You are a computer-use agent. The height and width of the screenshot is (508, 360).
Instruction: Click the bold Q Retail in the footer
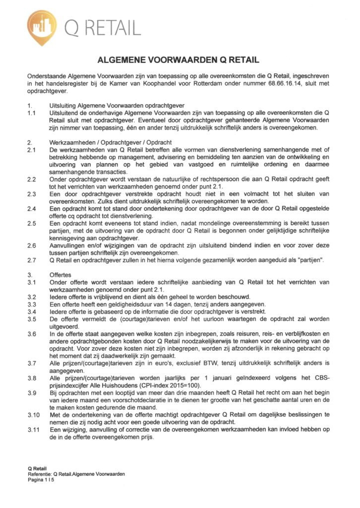coord(37,469)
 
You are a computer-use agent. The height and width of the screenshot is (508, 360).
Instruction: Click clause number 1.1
coord(31,113)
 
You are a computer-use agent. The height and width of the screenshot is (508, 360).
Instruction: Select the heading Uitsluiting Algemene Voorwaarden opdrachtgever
coord(117,106)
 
